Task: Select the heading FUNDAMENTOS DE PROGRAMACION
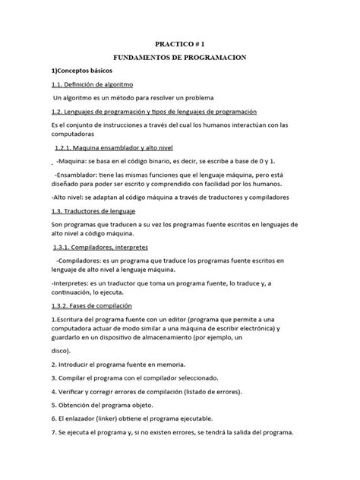pyautogui.click(x=181, y=58)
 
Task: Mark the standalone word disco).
pyautogui.click(x=62, y=352)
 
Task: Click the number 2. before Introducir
pyautogui.click(x=54, y=365)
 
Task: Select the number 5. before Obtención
pyautogui.click(x=54, y=406)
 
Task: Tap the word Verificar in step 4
pyautogui.click(x=77, y=392)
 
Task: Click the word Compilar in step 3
pyautogui.click(x=77, y=378)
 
